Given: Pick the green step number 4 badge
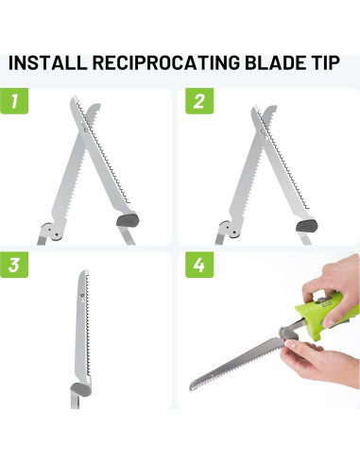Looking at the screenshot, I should tap(198, 266).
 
